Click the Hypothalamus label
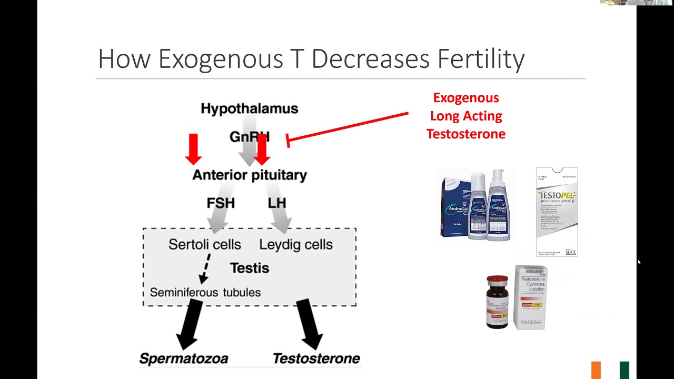pos(249,109)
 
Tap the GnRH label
pos(249,137)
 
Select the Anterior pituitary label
pos(249,175)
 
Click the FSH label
pos(221,203)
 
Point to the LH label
pos(276,203)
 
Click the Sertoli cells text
pos(204,244)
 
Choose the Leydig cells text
pos(296,244)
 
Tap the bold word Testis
pos(249,268)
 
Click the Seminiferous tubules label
pos(205,292)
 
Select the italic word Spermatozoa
pos(183,358)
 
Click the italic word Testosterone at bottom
pos(316,358)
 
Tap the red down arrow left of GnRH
pos(193,148)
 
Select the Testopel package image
pos(557,212)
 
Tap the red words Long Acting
pos(465,116)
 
